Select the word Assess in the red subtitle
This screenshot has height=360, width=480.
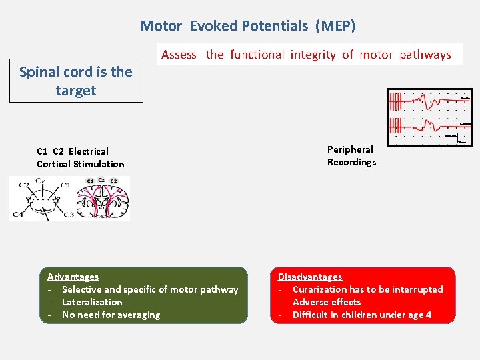pyautogui.click(x=179, y=55)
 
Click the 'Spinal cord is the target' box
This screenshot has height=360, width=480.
pyautogui.click(x=76, y=81)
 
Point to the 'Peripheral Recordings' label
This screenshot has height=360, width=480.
pyautogui.click(x=351, y=156)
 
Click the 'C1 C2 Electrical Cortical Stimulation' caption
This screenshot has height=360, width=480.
pyautogui.click(x=80, y=158)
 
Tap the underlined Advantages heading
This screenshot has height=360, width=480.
pyautogui.click(x=73, y=277)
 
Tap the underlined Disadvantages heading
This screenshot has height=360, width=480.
pyautogui.click(x=310, y=277)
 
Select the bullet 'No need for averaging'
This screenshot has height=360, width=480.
pyautogui.click(x=111, y=315)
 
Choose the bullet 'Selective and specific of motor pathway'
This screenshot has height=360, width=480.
pyautogui.click(x=149, y=289)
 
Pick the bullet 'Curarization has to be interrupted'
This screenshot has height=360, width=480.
pyautogui.click(x=367, y=289)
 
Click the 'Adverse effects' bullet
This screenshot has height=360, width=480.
pyautogui.click(x=327, y=302)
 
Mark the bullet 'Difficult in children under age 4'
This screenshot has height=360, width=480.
pyautogui.click(x=361, y=315)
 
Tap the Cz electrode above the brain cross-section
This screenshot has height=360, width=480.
pyautogui.click(x=101, y=180)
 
